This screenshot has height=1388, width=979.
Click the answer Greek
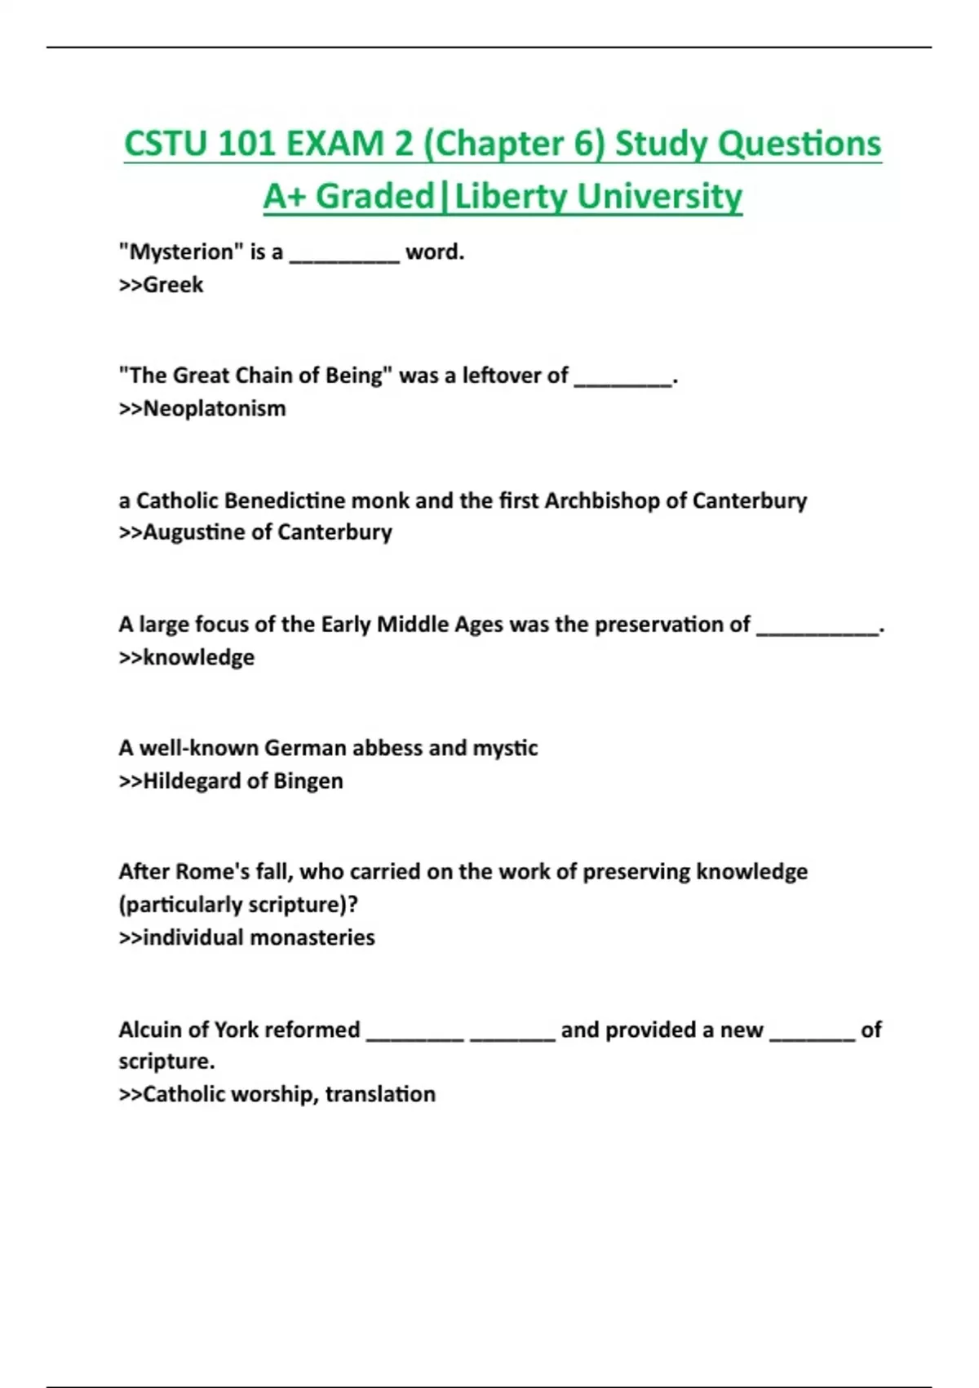(x=173, y=285)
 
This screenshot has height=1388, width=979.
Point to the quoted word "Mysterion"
(x=177, y=251)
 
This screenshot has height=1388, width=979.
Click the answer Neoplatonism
(x=215, y=408)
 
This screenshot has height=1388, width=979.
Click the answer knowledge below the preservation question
(x=198, y=657)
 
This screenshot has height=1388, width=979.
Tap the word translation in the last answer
(x=380, y=1094)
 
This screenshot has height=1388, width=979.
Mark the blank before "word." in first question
(x=345, y=256)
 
